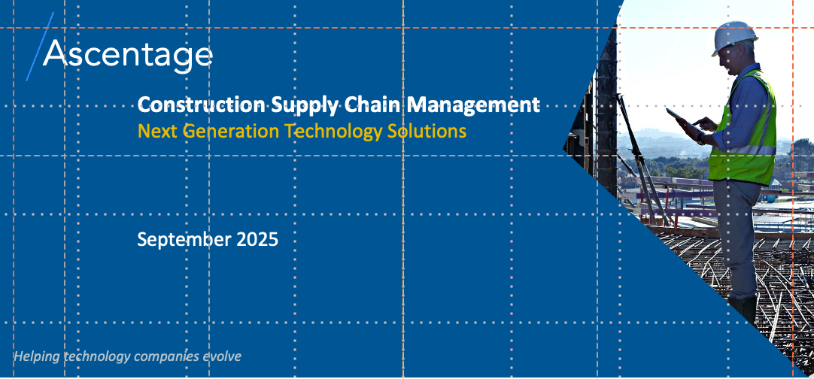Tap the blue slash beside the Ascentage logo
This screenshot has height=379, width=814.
tap(40, 47)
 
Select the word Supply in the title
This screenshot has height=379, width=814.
tap(305, 105)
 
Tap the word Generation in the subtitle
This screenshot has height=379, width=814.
tap(232, 131)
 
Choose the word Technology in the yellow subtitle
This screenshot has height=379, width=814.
tap(334, 132)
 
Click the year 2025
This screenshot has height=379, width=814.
tap(257, 239)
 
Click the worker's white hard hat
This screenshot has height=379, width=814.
tap(734, 37)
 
